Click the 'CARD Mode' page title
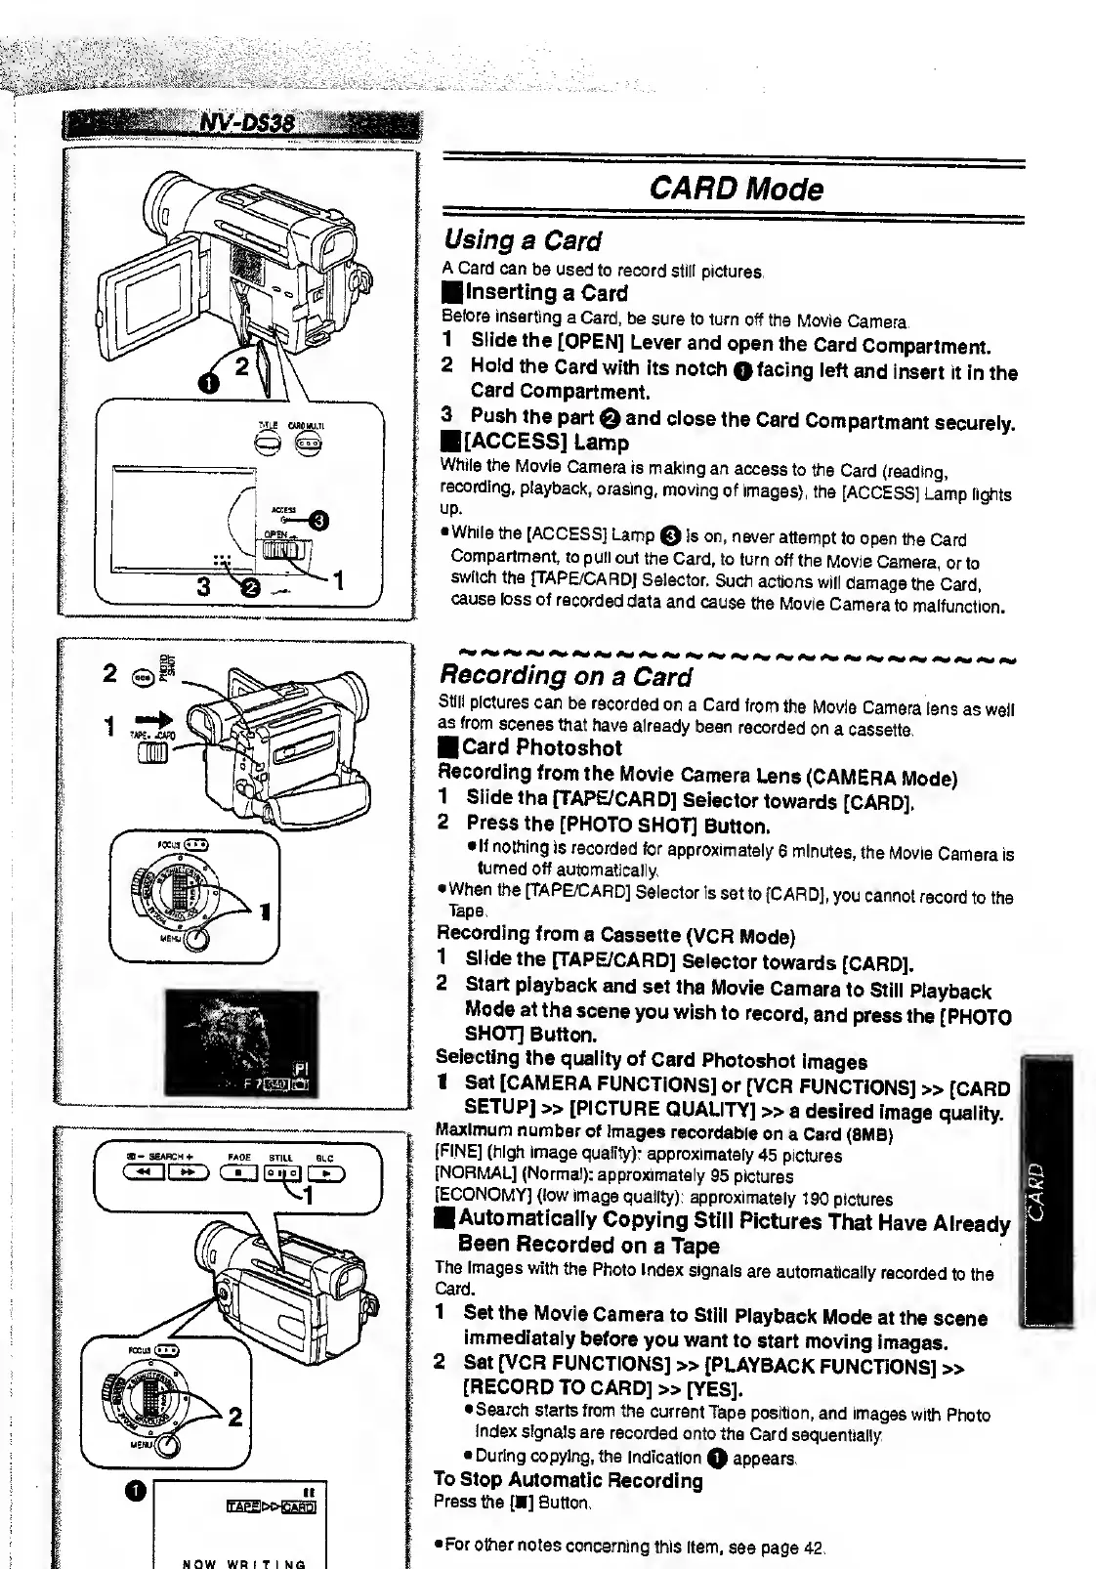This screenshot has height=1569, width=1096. coord(734,189)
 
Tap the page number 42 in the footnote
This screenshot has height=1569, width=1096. coord(813,1548)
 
